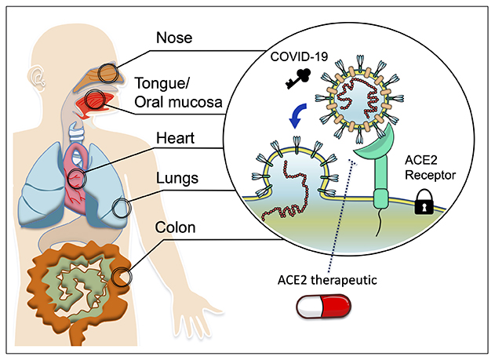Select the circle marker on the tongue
(96, 100)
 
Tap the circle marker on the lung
(121, 209)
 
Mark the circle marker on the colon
(121, 277)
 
